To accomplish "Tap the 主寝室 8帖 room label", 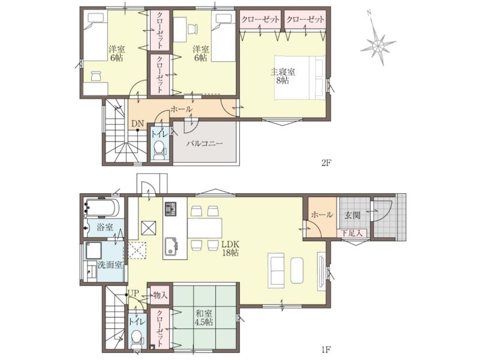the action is (283, 76).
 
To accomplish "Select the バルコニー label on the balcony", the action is (205, 143).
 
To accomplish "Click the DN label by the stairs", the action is (137, 124).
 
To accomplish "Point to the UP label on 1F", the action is (134, 293).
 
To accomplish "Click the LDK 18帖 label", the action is (230, 249).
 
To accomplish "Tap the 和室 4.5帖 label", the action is (204, 318).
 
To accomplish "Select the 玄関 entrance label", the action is (352, 215).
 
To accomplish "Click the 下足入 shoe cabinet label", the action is (352, 233).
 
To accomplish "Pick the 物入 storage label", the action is (161, 295).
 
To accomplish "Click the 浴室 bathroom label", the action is (104, 227).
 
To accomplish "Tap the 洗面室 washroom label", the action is (110, 265).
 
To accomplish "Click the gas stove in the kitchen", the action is (171, 208).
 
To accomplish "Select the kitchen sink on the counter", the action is (171, 247).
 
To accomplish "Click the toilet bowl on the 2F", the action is (159, 151).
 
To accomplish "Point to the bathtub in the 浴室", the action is (103, 208).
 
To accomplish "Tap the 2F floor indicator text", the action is (326, 163).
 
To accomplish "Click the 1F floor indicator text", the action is (326, 349).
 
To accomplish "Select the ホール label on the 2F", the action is (181, 109).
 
